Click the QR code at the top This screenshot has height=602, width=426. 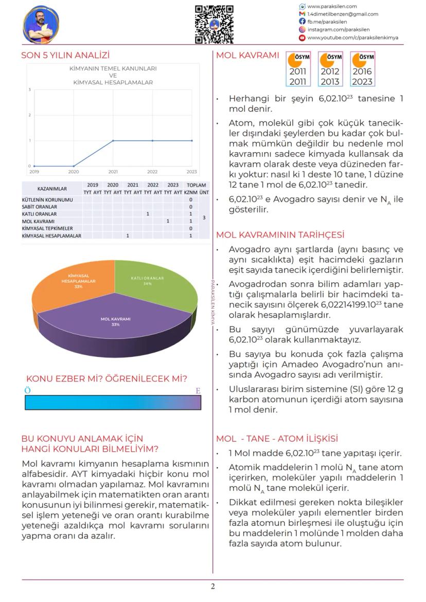[x=215, y=24]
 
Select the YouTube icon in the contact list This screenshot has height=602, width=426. [x=302, y=38]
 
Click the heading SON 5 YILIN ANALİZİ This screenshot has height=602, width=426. [x=65, y=56]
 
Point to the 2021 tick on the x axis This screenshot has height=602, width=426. [x=113, y=172]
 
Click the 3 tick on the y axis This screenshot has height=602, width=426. [x=29, y=89]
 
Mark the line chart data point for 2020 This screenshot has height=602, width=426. [x=74, y=166]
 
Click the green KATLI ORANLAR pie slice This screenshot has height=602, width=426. [x=154, y=283]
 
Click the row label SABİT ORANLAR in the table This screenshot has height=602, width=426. [x=40, y=206]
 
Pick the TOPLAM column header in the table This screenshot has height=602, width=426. [x=197, y=185]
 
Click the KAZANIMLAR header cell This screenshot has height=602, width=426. [x=52, y=189]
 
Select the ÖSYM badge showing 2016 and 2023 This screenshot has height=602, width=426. [x=362, y=69]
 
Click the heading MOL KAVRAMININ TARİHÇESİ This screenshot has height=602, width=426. [x=280, y=235]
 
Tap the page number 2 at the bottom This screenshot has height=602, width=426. [x=213, y=587]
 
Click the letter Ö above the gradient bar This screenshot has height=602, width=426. [x=28, y=391]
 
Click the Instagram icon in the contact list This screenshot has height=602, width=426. [x=302, y=30]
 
